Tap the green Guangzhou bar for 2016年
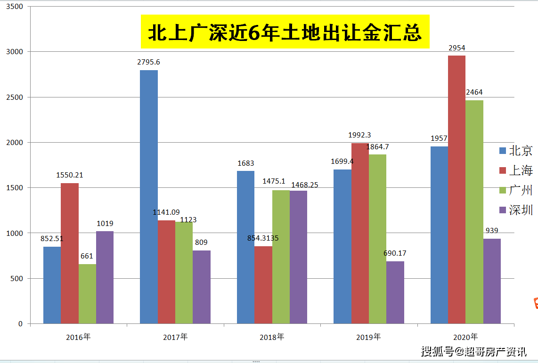[x=87, y=294]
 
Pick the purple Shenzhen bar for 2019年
[x=395, y=292]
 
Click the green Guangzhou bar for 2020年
[x=474, y=212]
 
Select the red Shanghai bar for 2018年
[x=263, y=285]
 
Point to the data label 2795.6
[x=148, y=62]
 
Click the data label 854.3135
[x=263, y=238]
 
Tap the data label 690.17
[x=395, y=253]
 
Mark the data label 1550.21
[x=70, y=175]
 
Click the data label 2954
[x=456, y=48]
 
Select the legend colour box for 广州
[x=503, y=190]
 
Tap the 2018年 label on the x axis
[x=272, y=337]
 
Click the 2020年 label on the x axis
[x=465, y=337]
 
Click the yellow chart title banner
[x=285, y=32]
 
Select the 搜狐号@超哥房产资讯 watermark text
[x=473, y=351]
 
